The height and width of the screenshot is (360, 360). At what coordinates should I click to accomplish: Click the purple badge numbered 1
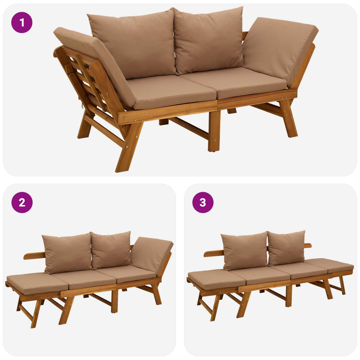click(x=22, y=22)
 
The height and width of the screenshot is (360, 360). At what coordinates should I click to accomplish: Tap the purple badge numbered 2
click(x=22, y=202)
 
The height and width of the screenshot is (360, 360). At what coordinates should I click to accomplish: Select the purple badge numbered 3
click(x=203, y=202)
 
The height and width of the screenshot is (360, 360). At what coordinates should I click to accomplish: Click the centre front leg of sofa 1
click(x=214, y=131)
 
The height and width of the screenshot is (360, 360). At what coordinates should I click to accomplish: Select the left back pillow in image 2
click(x=67, y=252)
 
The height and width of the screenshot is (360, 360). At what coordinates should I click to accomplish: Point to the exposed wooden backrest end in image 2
click(x=34, y=255)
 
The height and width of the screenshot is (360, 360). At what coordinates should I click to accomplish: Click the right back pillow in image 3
click(x=287, y=248)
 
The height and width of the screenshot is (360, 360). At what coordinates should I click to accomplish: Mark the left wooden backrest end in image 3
click(x=213, y=253)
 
